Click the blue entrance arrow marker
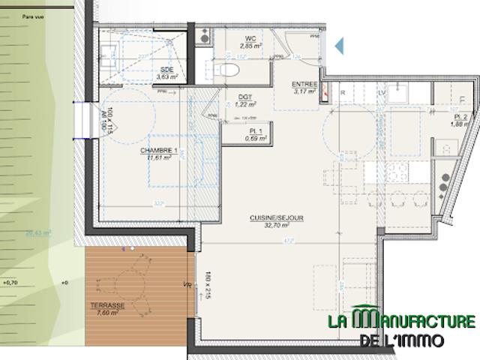click(x=339, y=46)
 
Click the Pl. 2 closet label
click(x=461, y=117)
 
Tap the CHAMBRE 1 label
click(x=159, y=151)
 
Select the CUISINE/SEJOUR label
click(x=277, y=217)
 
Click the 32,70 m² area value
click(x=277, y=224)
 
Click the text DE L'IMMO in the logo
click(x=402, y=340)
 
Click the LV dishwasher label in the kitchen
click(x=382, y=92)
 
